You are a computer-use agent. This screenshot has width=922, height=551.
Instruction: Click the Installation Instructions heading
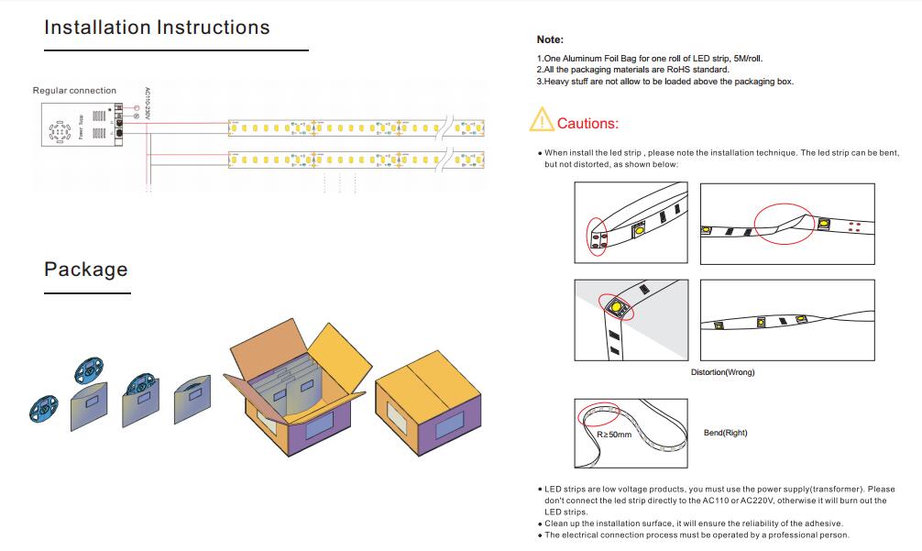pyautogui.click(x=157, y=28)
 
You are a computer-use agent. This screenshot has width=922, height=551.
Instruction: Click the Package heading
pyautogui.click(x=86, y=270)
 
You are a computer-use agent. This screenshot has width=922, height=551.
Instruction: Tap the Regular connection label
pyautogui.click(x=74, y=91)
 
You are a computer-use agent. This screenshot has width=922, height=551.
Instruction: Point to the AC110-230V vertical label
pyautogui.click(x=148, y=105)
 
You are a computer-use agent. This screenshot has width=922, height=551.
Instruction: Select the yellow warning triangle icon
pyautogui.click(x=542, y=121)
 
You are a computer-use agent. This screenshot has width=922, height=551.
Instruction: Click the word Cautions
pyautogui.click(x=587, y=124)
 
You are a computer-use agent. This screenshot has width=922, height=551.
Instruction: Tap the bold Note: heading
pyautogui.click(x=550, y=39)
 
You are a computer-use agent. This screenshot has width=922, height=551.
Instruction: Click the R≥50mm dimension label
pyautogui.click(x=614, y=434)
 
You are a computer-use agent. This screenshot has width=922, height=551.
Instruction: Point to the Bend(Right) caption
pyautogui.click(x=725, y=433)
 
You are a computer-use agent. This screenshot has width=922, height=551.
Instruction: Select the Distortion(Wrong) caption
pyautogui.click(x=722, y=372)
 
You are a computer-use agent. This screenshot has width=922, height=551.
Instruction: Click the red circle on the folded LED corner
pyautogui.click(x=615, y=305)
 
